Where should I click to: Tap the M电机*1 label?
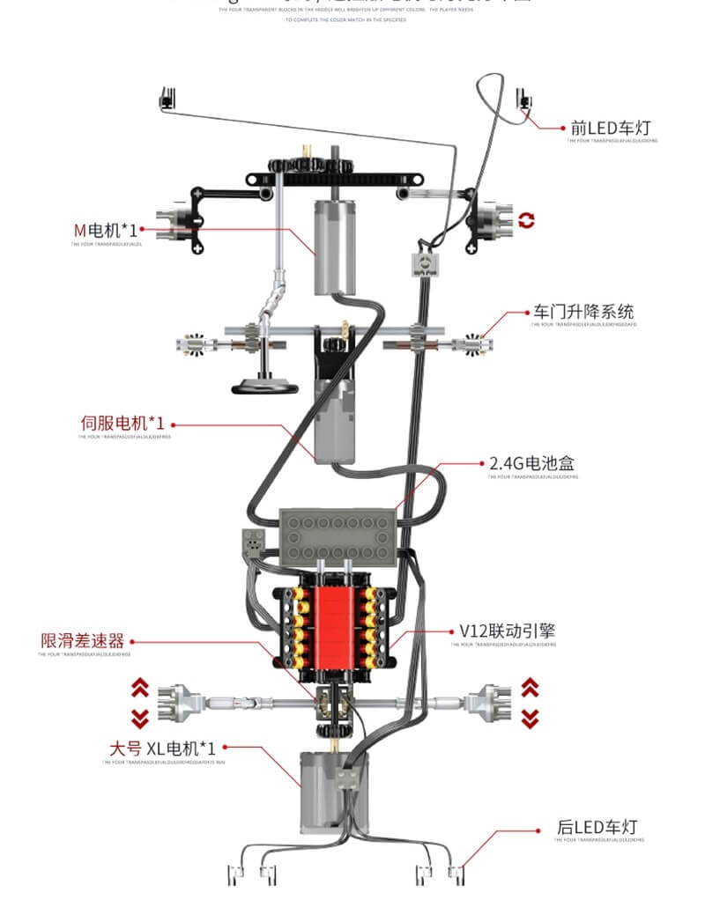pos(105,230)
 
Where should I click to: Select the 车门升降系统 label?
pos(583,312)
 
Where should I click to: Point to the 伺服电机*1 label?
pos(122,423)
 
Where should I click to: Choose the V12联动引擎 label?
pos(508,631)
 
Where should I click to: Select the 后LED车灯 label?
pos(596,828)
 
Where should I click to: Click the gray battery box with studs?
pos(338,536)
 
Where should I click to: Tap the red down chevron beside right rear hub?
pos(530,718)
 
